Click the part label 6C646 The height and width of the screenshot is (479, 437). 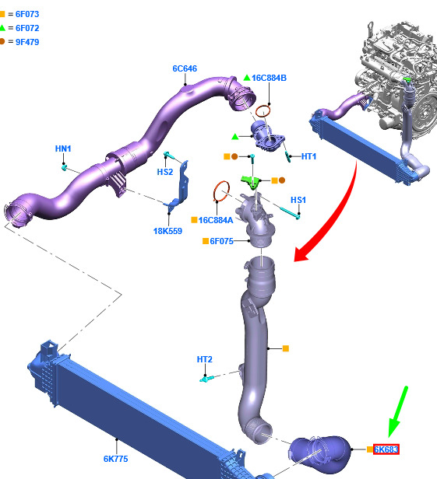point(185,68)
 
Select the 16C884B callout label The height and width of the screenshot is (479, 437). point(269,78)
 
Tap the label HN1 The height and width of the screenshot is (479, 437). point(63,149)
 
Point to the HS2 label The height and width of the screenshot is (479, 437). point(165,172)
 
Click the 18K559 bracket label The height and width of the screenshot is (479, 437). point(167,231)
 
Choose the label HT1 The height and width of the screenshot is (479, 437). point(308,156)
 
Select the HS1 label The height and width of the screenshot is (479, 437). point(298,200)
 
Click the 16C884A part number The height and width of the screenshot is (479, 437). point(216,220)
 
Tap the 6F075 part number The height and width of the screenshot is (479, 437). point(221,241)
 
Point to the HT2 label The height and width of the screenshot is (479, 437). point(204,359)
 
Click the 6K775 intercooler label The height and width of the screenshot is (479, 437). point(115,459)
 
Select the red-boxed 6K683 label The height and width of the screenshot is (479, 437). point(386,449)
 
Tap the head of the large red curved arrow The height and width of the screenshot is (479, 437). point(301,253)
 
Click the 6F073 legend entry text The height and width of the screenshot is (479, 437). point(27,14)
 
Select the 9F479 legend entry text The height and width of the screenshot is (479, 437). point(27,42)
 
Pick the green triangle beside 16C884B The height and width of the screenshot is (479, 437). point(247,78)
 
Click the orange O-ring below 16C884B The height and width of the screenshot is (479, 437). point(263,111)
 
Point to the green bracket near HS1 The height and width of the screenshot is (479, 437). point(251,182)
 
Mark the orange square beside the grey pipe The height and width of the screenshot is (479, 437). point(286,348)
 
